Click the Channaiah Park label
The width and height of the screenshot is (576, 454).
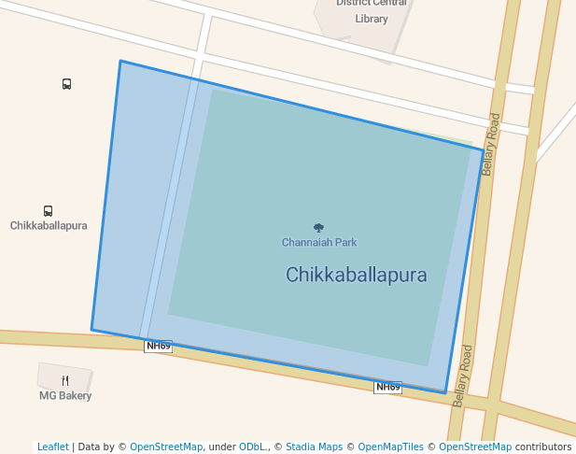(319, 243)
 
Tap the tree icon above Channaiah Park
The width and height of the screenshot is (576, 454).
(318, 228)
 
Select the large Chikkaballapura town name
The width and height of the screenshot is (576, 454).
(356, 275)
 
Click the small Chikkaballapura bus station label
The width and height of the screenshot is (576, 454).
(49, 226)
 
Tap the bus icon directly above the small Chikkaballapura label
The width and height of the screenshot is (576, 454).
(48, 211)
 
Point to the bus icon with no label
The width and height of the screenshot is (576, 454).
(66, 84)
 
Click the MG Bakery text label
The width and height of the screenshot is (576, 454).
(65, 396)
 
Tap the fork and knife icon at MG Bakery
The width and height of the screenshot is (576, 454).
(65, 380)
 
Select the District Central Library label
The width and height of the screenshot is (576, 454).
(371, 10)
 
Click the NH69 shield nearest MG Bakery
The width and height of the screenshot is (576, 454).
(159, 347)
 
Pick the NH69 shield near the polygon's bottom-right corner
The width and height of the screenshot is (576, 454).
(387, 387)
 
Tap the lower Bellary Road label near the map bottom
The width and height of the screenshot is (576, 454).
(462, 376)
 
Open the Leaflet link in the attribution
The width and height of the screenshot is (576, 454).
(53, 447)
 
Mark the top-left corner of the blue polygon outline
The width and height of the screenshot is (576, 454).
(120, 62)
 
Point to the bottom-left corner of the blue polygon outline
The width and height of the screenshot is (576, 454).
(91, 329)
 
